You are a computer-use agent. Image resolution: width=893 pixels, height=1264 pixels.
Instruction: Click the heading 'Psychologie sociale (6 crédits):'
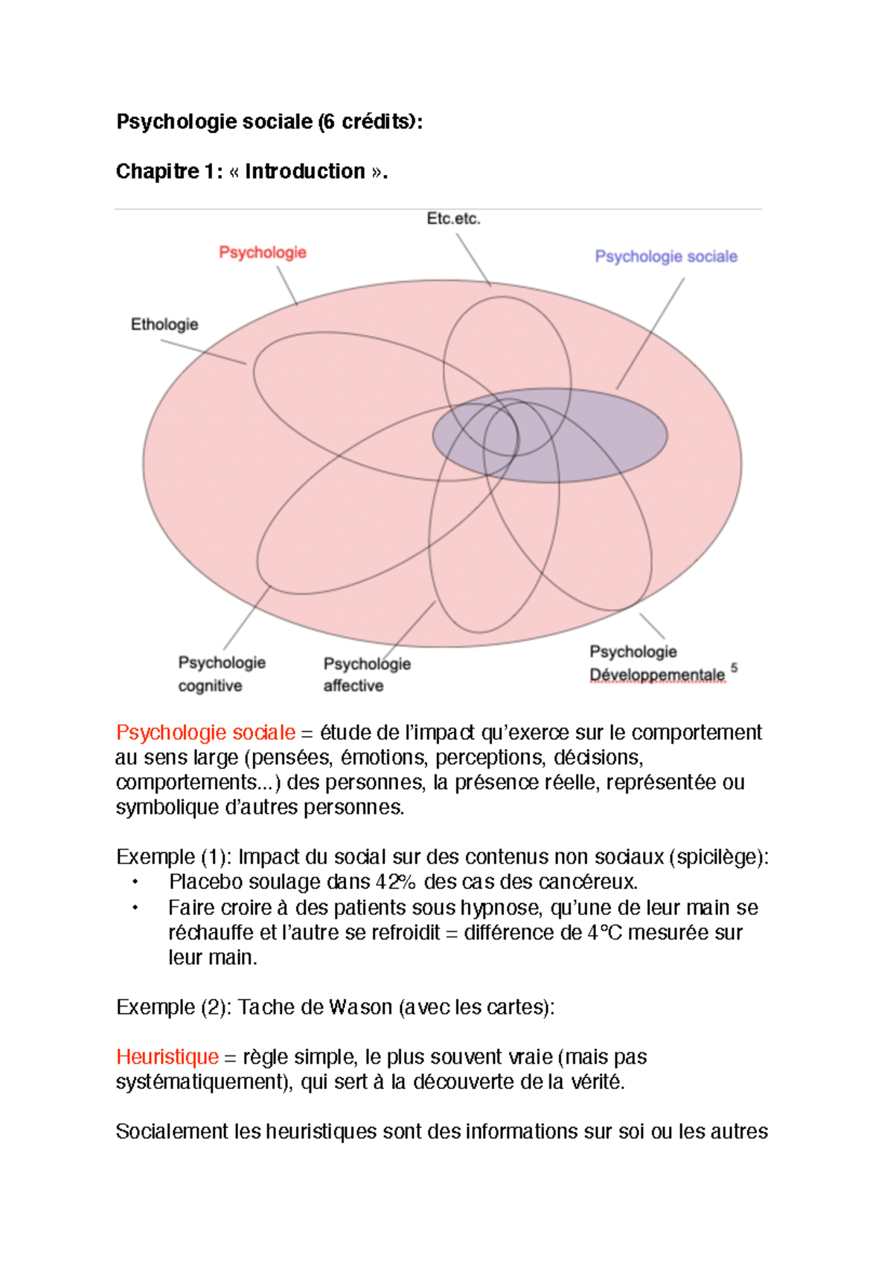pos(269,121)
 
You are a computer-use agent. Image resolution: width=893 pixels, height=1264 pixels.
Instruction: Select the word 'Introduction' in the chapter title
pos(305,171)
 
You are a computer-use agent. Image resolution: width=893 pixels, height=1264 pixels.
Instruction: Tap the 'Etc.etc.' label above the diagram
pos(453,219)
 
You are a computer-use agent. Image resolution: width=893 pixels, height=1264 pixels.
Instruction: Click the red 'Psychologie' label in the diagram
pos(263,252)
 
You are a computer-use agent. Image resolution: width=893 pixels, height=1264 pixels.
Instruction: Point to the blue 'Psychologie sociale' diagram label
pos(666,256)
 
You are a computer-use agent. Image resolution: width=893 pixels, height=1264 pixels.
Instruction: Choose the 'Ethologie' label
pos(164,325)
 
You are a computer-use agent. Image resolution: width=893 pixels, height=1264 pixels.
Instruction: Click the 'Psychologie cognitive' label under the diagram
pos(221,674)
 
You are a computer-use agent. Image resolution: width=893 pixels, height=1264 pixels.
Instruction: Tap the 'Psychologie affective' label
pos(366,674)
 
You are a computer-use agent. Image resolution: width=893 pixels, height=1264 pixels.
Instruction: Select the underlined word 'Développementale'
pos(657,675)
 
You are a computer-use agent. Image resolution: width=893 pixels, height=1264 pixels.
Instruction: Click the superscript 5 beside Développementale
pos(734,668)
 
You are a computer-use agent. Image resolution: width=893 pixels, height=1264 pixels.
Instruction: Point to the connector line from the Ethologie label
pos(203,352)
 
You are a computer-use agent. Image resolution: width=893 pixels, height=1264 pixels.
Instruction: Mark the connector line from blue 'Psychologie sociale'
pos(650,333)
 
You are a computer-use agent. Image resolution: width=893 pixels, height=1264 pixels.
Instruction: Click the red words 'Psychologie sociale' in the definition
pos(205,732)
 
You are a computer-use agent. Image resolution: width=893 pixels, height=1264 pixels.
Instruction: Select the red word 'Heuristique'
pos(167,1056)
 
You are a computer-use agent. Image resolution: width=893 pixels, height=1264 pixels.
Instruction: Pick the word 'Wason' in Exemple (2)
pos(360,1007)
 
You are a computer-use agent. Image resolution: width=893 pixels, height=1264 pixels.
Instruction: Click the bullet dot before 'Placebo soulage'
pos(135,882)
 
